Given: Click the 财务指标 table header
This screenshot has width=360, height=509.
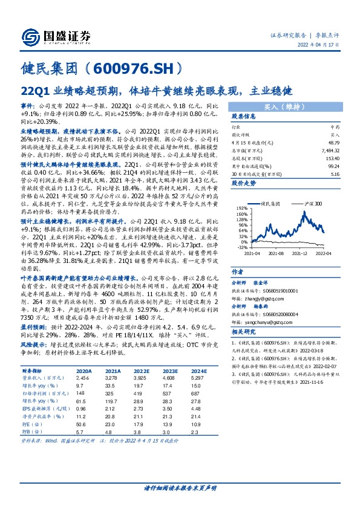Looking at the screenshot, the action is (x=32, y=371).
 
